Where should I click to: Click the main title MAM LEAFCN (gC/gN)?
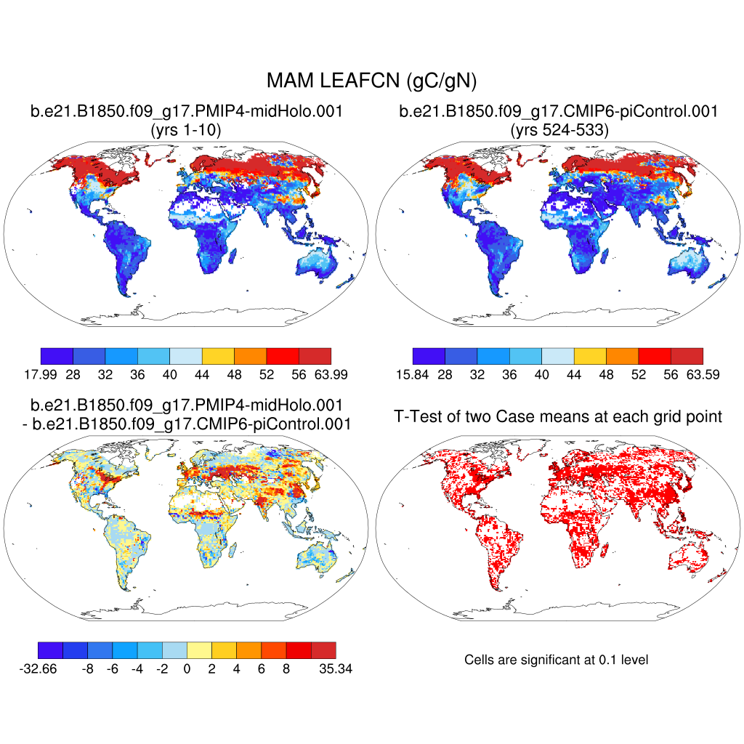[x=371, y=81]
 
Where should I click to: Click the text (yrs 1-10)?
[x=185, y=131]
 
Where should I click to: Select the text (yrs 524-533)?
[x=558, y=131]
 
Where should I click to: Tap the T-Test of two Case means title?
[x=558, y=416]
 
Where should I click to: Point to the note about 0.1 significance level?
[x=556, y=660]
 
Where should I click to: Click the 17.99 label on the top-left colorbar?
[x=41, y=375]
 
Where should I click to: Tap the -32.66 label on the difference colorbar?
[x=38, y=669]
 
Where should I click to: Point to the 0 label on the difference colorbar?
[x=187, y=669]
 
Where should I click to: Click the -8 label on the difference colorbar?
[x=88, y=669]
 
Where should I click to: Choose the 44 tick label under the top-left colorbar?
[x=202, y=375]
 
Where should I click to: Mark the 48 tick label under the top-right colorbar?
[x=606, y=375]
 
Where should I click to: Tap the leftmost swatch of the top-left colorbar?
[x=57, y=355]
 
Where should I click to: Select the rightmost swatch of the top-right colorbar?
[x=687, y=355]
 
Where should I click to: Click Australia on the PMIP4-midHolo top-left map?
[x=320, y=263]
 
